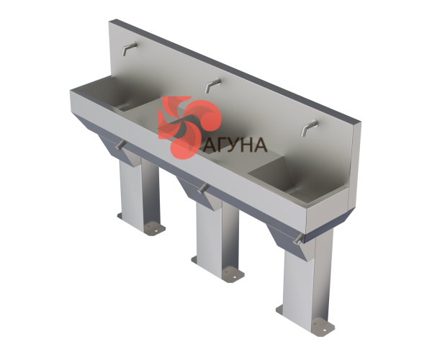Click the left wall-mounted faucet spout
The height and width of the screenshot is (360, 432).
pyautogui.click(x=129, y=48)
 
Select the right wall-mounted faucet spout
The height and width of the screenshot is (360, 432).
pyautogui.click(x=310, y=127)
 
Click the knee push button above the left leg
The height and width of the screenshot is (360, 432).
pyautogui.click(x=120, y=145)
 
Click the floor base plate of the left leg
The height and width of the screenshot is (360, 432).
pyautogui.click(x=142, y=224)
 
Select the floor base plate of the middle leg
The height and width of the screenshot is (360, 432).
pyautogui.click(x=218, y=269)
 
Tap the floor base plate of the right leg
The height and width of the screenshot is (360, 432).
pyautogui.click(x=306, y=319)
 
